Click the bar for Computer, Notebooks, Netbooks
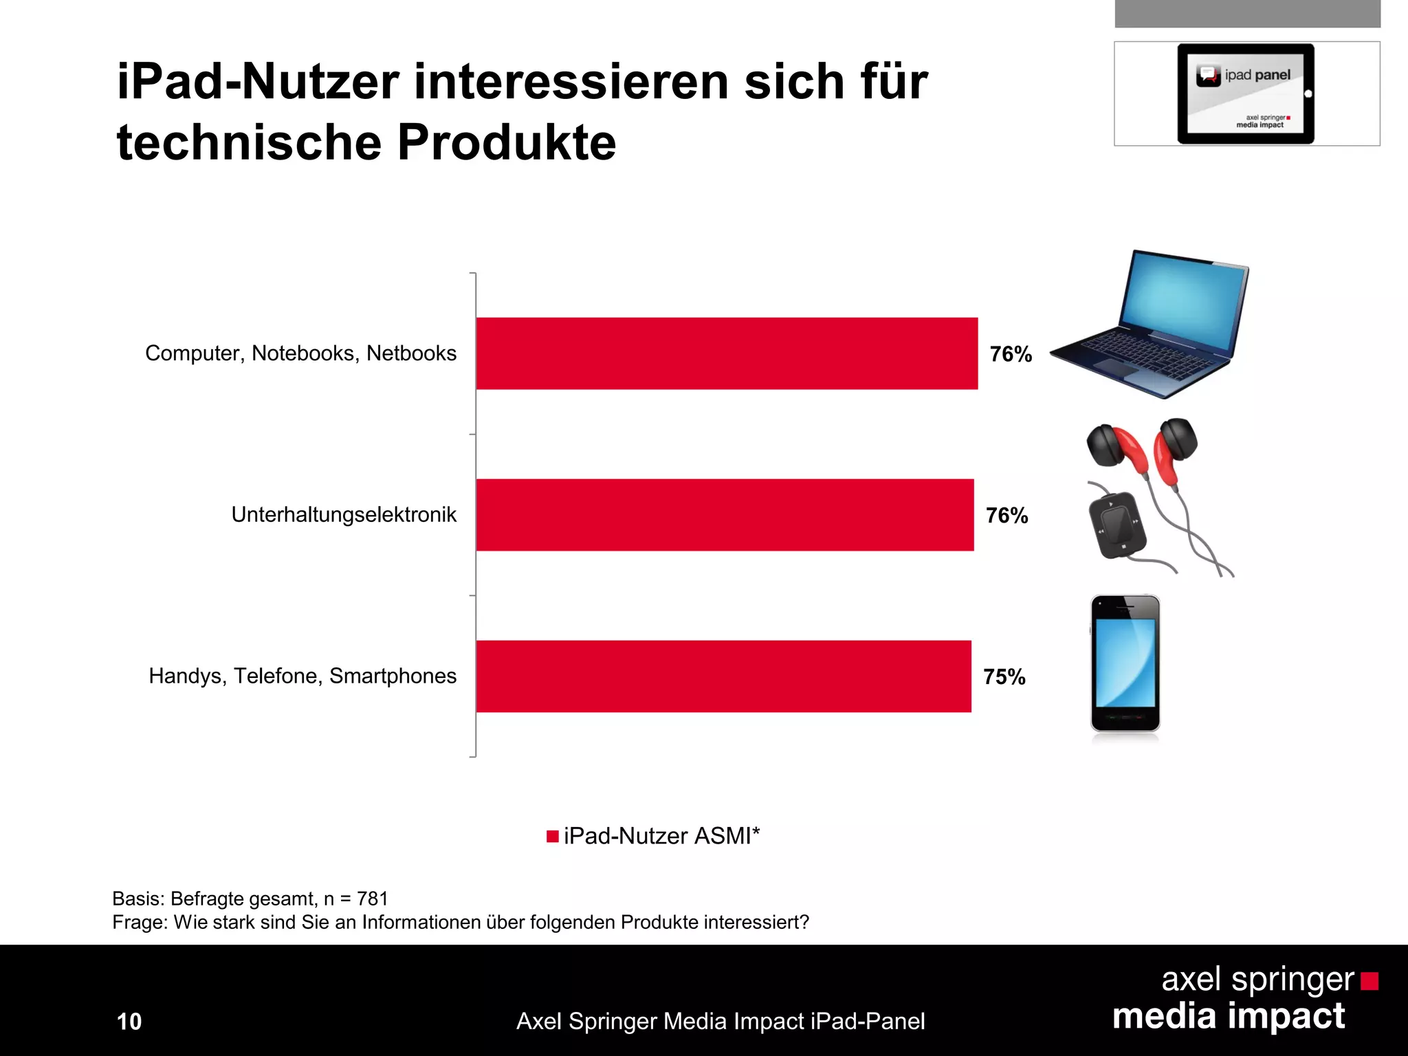tap(726, 353)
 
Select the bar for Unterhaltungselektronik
tap(725, 515)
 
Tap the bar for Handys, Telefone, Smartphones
tap(723, 676)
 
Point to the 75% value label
tap(1004, 677)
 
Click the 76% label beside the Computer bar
tap(1011, 354)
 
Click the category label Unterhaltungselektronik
tap(344, 515)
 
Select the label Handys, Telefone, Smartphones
tap(302, 676)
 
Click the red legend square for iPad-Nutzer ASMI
tap(552, 836)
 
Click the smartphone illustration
tap(1125, 663)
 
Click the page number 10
tap(129, 1022)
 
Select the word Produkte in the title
tap(506, 143)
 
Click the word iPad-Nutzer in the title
tap(258, 82)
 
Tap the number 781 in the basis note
tap(373, 899)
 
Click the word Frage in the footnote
tap(139, 923)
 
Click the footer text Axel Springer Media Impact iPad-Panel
tap(720, 1022)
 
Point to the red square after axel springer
tap(1369, 981)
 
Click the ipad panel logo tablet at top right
tap(1245, 93)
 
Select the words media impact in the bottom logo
tap(1229, 1016)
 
